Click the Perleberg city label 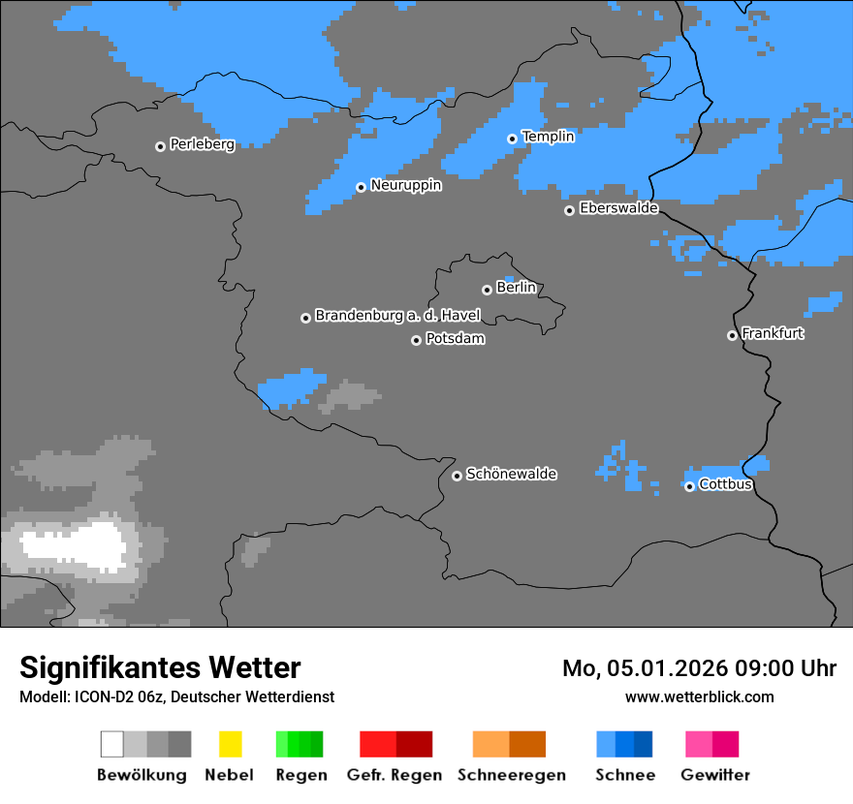202,144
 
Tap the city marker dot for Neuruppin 361,187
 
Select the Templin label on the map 548,137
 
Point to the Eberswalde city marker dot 569,210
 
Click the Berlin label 516,288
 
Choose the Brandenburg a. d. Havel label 397,316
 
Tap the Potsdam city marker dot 416,340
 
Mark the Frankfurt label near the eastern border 773,333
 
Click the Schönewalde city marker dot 457,476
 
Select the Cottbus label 725,484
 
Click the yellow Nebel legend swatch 230,744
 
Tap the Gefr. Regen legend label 395,775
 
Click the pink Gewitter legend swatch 699,744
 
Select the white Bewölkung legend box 111,744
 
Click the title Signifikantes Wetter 160,667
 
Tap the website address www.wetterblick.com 699,696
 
